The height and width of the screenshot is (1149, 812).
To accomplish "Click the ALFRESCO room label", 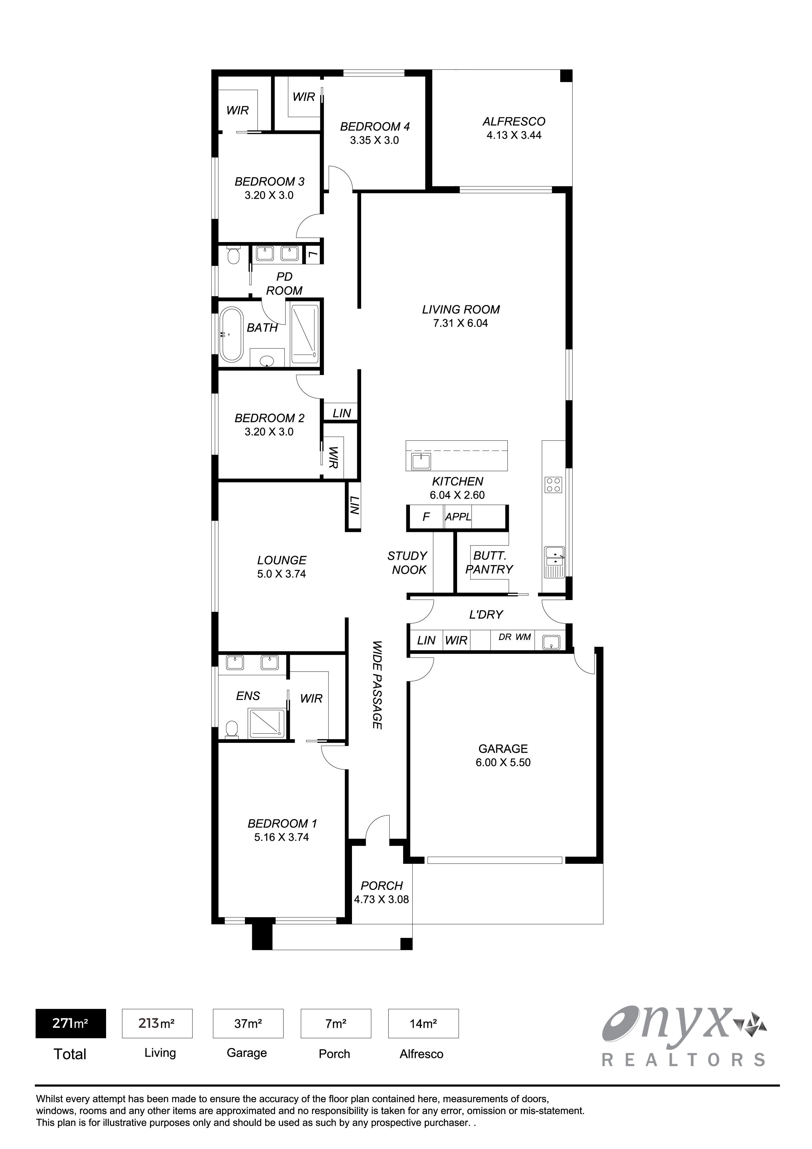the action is (x=514, y=122).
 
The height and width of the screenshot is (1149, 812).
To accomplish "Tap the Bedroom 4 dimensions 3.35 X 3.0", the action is (x=374, y=141).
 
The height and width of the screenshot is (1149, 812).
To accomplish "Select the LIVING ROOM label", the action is (x=461, y=310).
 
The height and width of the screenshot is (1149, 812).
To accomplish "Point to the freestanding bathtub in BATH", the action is (x=231, y=334).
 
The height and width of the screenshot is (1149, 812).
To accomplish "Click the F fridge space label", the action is (x=426, y=517).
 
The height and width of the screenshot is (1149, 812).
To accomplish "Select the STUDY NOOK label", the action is (x=408, y=563).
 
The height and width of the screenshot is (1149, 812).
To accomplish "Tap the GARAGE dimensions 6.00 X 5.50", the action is (x=503, y=763).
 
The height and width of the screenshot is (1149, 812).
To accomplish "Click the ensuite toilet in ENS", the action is (x=231, y=729).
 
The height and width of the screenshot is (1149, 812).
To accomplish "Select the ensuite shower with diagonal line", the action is (x=267, y=724).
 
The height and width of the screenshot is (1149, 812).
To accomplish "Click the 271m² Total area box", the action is (x=70, y=1024).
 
